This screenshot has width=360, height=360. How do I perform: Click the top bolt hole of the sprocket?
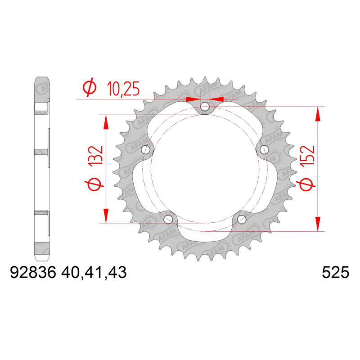(205, 107)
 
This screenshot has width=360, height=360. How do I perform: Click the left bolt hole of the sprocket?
(145, 150)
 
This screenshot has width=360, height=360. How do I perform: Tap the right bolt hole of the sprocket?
(264, 150)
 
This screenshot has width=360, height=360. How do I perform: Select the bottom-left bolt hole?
(168, 219)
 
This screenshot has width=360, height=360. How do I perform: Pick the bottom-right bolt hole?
(242, 219)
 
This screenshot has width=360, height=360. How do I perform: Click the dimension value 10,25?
(123, 89)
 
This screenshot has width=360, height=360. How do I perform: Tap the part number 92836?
(33, 273)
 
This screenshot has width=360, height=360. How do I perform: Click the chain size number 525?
(335, 273)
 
